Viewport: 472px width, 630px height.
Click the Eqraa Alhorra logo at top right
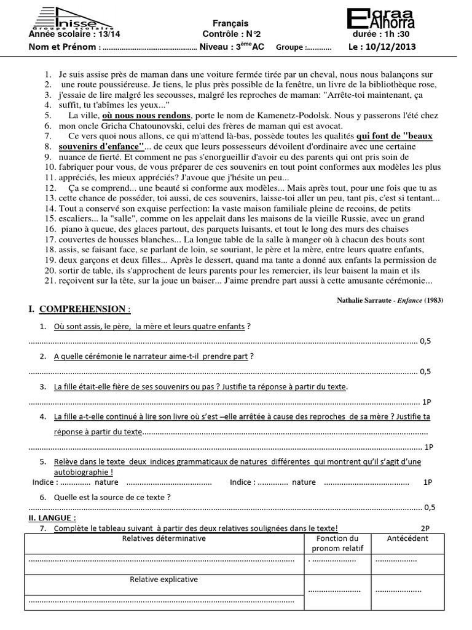click(x=380, y=18)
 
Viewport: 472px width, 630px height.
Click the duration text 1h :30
click(x=399, y=34)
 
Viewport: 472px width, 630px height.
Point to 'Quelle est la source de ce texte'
click(x=112, y=496)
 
